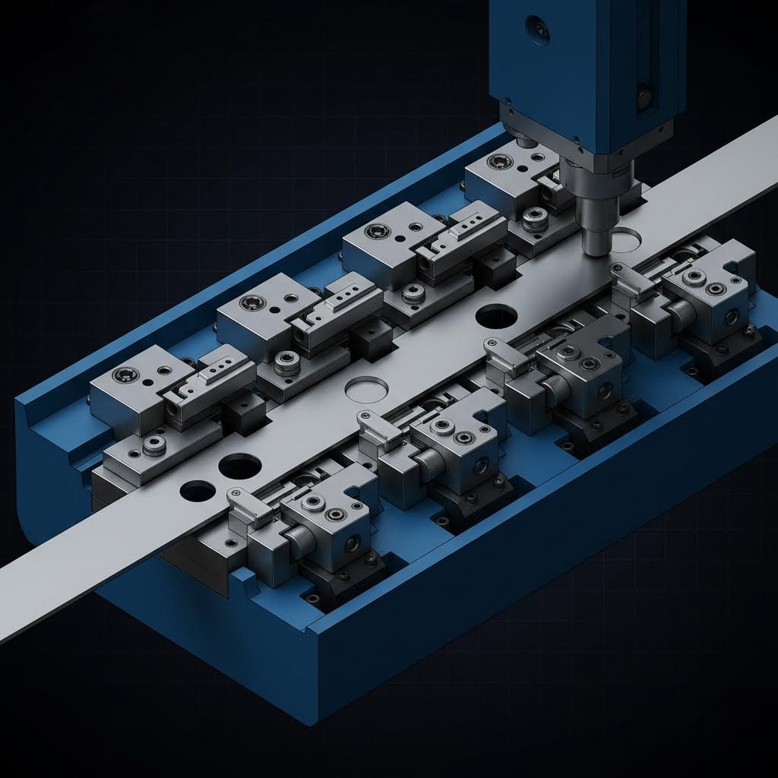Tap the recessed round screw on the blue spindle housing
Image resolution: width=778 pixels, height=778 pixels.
tap(537, 27)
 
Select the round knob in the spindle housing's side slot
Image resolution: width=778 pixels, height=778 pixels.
tap(644, 96)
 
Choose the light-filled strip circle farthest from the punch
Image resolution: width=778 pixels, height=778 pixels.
tap(365, 389)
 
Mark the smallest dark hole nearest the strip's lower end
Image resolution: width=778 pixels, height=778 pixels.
tap(198, 491)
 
